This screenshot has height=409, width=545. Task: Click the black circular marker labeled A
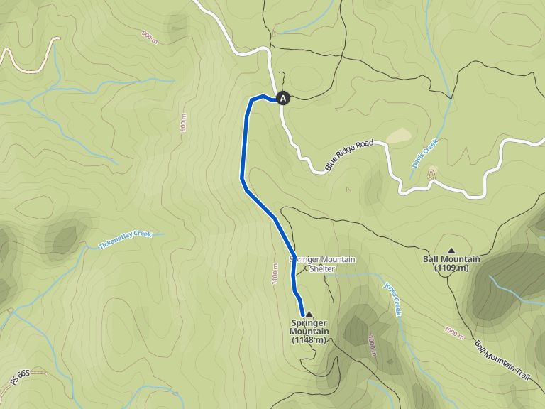tap(283, 99)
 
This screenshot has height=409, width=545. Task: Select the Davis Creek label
tap(425, 153)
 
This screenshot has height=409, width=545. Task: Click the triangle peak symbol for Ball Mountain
tap(451, 250)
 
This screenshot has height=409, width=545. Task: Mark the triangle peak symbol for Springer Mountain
tap(309, 313)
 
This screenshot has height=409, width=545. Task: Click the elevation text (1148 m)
tap(309, 340)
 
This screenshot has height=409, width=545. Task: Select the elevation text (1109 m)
tap(451, 268)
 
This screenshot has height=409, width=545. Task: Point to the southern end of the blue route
tap(303, 314)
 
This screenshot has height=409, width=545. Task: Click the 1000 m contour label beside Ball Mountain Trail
tap(453, 332)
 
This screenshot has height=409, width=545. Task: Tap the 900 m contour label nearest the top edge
tap(149, 36)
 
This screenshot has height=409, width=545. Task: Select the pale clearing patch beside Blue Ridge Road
tap(399, 135)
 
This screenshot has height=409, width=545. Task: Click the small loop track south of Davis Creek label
tap(432, 172)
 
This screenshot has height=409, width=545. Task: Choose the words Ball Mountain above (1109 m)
tap(451, 259)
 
